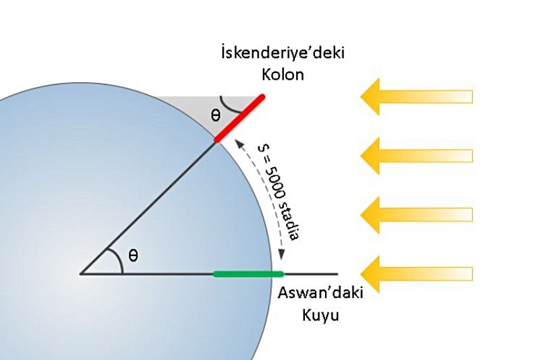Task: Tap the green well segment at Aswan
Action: (x=248, y=274)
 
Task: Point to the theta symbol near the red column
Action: (x=215, y=115)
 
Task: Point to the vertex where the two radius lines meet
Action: (x=80, y=274)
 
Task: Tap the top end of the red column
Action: (x=262, y=97)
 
